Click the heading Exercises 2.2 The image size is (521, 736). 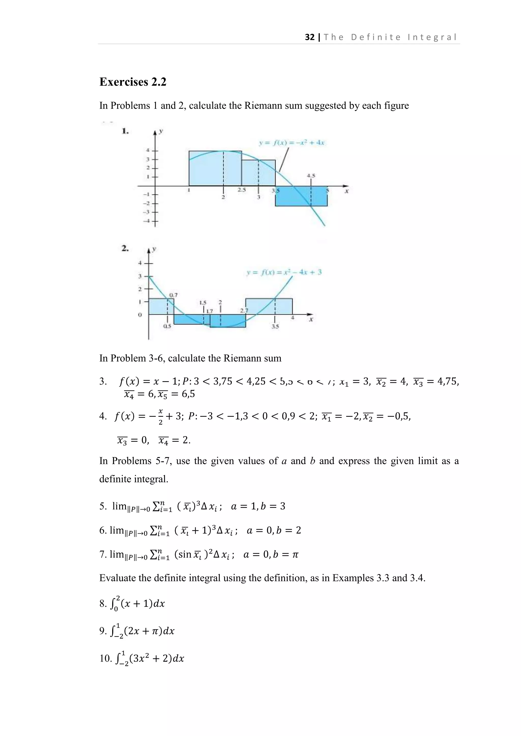click(133, 82)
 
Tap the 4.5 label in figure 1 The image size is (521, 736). click(311, 176)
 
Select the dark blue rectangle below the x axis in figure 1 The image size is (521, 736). click(301, 196)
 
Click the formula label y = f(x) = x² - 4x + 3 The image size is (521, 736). click(284, 272)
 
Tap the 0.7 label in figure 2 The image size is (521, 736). click(173, 295)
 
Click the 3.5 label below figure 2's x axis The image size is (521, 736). click(275, 327)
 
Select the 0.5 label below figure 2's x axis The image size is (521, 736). click(167, 326)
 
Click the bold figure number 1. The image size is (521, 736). click(125, 131)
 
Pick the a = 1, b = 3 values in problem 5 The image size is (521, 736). click(258, 507)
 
